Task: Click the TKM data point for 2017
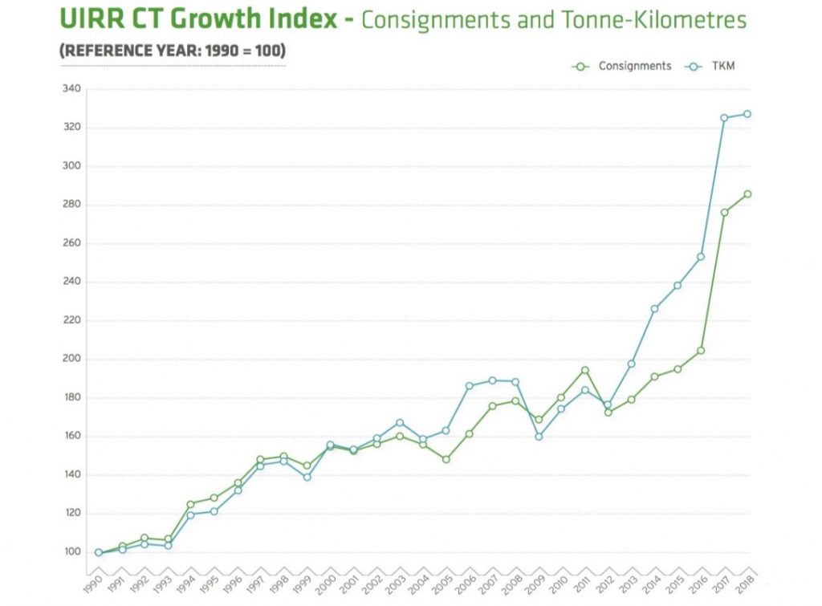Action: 724,118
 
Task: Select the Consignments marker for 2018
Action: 747,193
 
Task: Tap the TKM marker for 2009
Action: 539,437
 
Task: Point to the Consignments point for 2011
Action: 585,370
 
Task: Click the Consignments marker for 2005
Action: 446,459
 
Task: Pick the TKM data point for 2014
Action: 654,308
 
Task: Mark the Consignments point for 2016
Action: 701,350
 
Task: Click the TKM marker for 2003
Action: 400,422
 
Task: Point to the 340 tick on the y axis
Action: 71,89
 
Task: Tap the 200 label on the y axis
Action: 71,359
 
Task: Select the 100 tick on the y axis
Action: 71,551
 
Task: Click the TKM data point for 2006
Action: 469,386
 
